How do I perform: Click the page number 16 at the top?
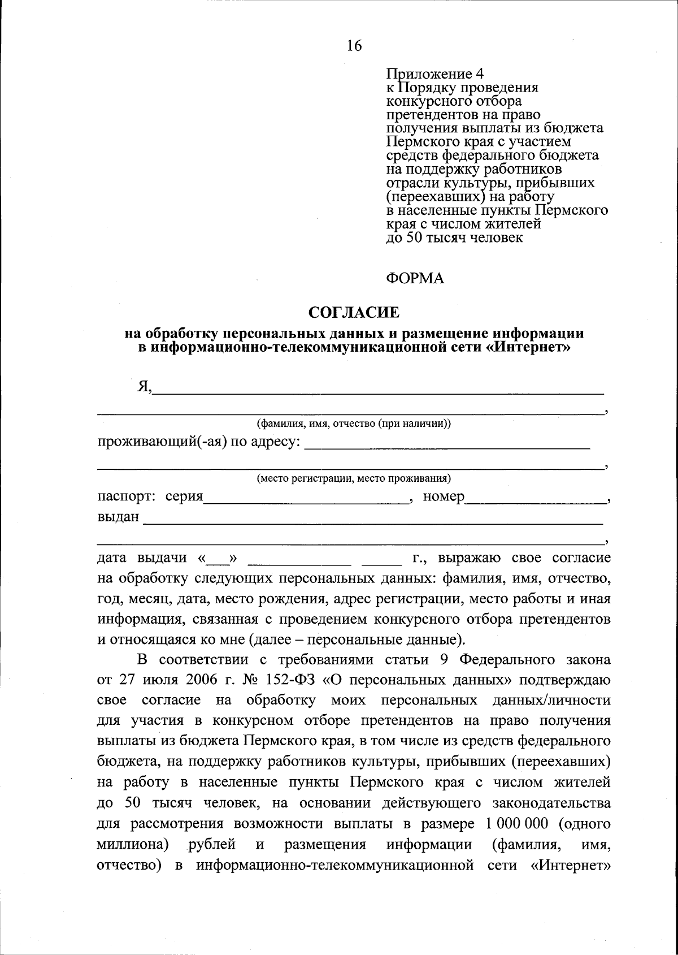tap(354, 46)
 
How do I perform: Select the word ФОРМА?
tap(415, 278)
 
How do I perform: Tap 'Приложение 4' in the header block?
tap(434, 74)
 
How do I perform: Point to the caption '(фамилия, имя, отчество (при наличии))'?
tap(354, 424)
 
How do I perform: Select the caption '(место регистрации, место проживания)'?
tap(354, 479)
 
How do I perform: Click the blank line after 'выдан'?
tap(373, 520)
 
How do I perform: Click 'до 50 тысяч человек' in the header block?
tap(454, 237)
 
